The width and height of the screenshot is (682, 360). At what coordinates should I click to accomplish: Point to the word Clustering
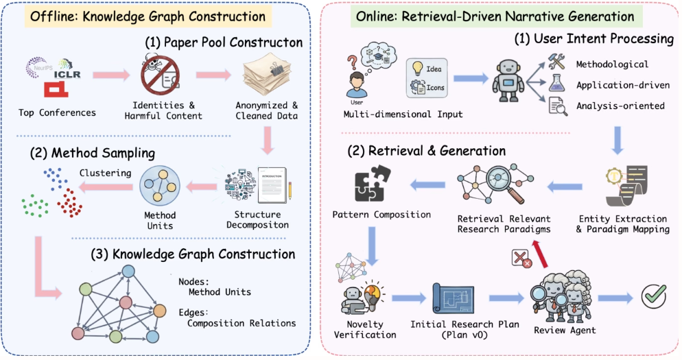click(105, 173)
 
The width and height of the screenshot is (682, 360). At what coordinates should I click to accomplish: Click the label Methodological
click(612, 64)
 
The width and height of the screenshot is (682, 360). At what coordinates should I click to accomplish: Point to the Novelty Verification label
click(365, 329)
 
